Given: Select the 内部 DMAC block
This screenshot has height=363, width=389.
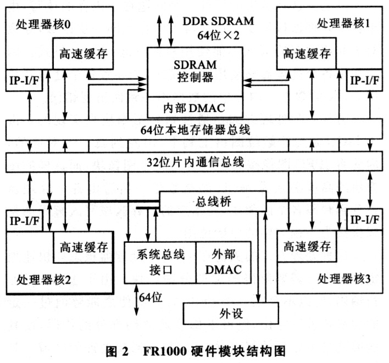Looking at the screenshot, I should [195, 106].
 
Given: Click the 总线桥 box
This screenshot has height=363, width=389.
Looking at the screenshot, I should [209, 202].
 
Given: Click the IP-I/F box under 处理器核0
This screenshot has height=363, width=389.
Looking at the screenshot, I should [25, 80].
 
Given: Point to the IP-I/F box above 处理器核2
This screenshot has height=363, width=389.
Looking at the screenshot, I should [25, 221].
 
